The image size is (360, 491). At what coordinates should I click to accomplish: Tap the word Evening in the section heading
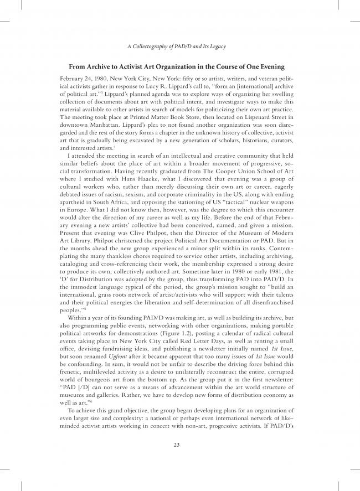[269, 67]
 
